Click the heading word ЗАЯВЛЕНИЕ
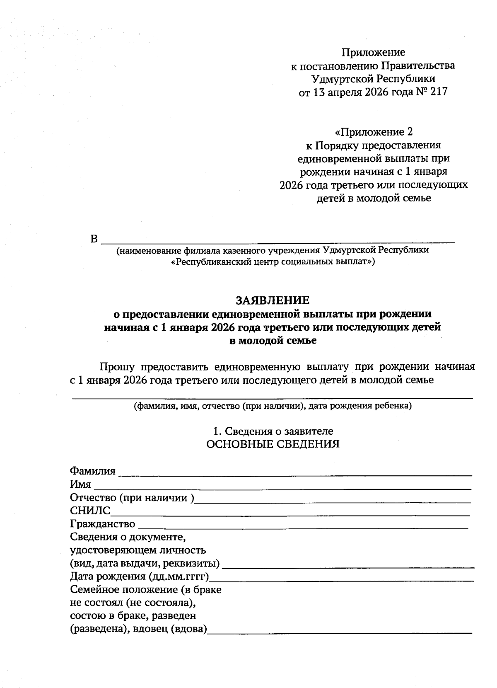[273, 300]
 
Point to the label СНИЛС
[90, 511]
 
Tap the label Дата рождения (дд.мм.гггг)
[139, 577]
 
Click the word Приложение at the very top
[373, 52]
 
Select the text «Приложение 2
[373, 132]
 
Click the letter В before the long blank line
[94, 240]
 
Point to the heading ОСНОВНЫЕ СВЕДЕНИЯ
[273, 444]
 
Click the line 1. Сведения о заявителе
[273, 431]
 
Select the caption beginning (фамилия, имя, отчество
[273, 406]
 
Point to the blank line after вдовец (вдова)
[340, 633]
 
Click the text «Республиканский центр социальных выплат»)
[273, 262]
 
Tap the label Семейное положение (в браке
[146, 589]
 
